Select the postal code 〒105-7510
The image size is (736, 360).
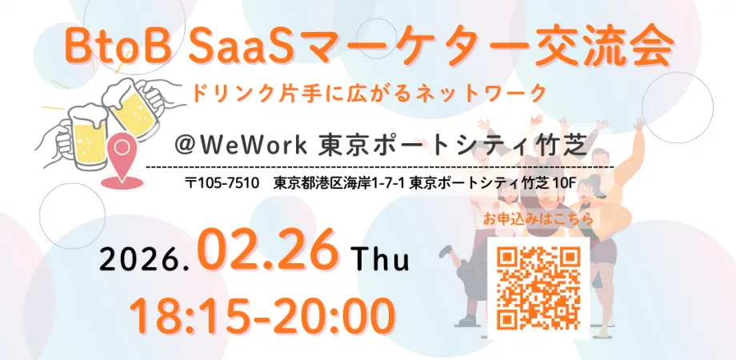(222, 183)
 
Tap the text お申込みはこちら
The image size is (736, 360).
(538, 217)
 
